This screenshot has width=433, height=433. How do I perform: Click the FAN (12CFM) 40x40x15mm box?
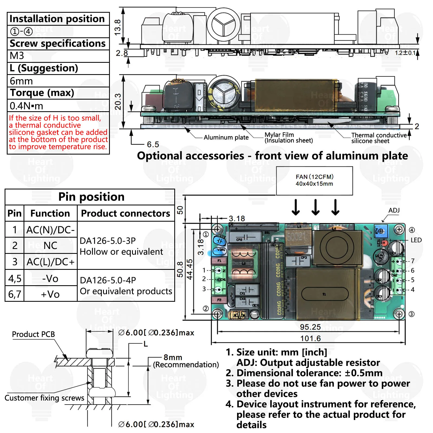point(314,181)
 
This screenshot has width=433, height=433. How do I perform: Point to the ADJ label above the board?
point(394,210)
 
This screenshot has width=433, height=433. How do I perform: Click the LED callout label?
point(416,240)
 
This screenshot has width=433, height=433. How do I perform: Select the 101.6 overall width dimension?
point(310,338)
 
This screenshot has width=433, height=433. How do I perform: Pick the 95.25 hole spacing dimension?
point(310,327)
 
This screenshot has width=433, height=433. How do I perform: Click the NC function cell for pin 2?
point(50,245)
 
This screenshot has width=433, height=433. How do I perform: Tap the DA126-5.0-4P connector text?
point(108,280)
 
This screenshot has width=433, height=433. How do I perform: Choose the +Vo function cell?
point(50,294)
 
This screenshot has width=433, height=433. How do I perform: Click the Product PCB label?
point(33,334)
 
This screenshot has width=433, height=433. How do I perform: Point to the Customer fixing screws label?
point(44,398)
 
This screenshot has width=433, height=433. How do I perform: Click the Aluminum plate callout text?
point(226,137)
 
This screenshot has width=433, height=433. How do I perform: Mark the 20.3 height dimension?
point(118,101)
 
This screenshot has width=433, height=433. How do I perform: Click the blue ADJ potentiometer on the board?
point(380,231)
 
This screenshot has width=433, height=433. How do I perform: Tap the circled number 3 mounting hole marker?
point(411,314)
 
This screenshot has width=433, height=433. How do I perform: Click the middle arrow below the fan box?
point(316,207)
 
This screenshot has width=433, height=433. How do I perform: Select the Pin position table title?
point(91,197)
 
